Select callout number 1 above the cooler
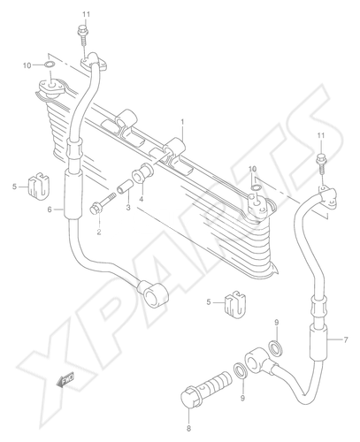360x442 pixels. click(182, 121)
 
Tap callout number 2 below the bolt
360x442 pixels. click(99, 232)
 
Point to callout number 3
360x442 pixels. click(128, 208)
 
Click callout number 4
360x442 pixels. click(142, 200)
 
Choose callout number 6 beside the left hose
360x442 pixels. click(50, 210)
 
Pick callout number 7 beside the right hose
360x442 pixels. click(346, 339)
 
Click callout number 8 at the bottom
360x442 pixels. click(188, 428)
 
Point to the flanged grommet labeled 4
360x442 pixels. click(142, 172)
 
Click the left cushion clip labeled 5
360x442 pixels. click(39, 186)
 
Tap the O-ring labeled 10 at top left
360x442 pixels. click(50, 65)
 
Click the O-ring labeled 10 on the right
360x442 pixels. click(256, 187)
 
